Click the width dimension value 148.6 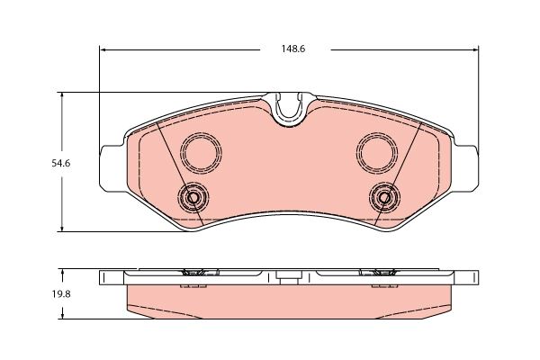pos(287,49)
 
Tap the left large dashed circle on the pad pos(201,150)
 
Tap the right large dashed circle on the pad pos(377,150)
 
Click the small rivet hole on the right pos(384,197)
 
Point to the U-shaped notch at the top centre pos(288,111)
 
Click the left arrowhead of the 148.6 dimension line pos(102,49)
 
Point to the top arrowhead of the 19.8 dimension pos(61,270)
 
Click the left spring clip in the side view pos(193,273)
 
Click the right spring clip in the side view pos(383,273)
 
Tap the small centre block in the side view pos(288,279)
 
